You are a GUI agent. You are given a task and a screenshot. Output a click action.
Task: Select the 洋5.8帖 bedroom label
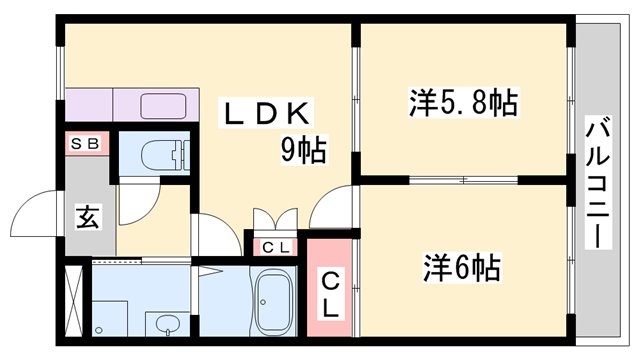click(462, 102)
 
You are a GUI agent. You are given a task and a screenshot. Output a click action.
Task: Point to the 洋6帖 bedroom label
click(461, 267)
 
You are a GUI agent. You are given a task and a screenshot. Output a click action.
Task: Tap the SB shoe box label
click(84, 144)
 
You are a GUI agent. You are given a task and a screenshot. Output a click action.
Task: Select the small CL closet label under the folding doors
click(275, 247)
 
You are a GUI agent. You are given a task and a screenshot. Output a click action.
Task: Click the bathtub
click(272, 304)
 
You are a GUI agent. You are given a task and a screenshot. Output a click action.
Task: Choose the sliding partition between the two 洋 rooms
click(464, 180)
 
